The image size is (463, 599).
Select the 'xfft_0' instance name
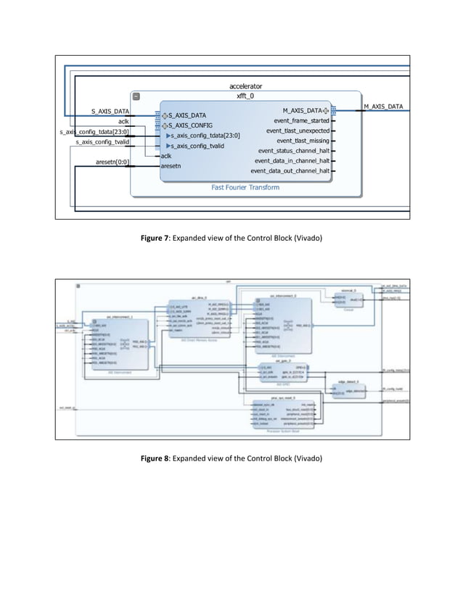tap(245, 96)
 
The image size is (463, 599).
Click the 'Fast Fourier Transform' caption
tap(245, 187)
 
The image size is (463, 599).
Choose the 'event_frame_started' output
tap(301, 120)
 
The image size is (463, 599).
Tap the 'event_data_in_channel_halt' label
tap(292, 161)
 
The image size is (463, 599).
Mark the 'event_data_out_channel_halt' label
tap(290, 171)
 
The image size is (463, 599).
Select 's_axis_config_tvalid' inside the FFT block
tap(199, 146)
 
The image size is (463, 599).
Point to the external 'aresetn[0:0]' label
tap(112, 162)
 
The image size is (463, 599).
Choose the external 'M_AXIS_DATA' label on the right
tap(383, 107)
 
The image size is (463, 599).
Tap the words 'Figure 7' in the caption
tap(155, 238)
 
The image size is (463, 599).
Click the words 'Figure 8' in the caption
tap(155, 460)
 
